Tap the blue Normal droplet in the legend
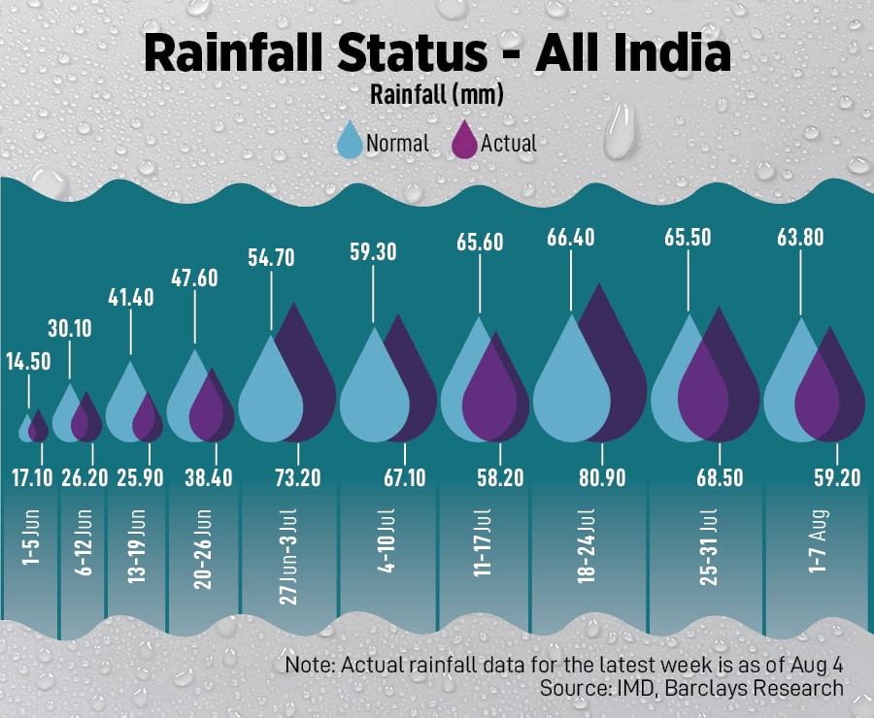349,141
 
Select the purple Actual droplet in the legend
465,141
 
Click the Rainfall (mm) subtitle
436,95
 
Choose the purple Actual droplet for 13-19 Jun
148,417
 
